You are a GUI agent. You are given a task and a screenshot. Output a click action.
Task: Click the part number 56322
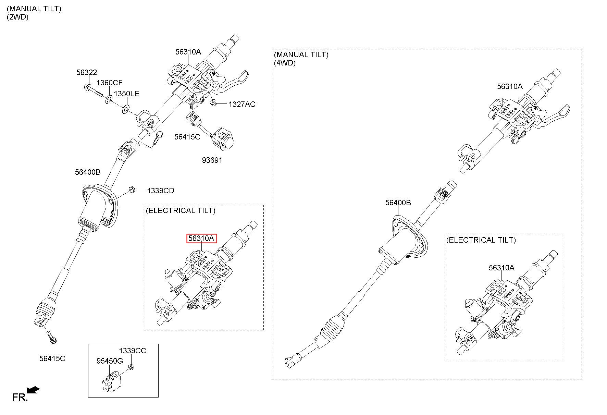[x=87, y=72]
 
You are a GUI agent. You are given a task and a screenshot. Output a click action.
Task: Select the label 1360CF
[x=109, y=83]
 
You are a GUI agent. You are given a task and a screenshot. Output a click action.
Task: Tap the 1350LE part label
[x=126, y=94]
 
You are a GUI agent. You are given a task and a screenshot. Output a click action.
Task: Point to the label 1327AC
[x=242, y=104]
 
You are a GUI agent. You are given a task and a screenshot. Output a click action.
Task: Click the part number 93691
[x=212, y=160]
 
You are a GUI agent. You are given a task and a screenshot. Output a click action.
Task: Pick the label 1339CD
[x=161, y=191]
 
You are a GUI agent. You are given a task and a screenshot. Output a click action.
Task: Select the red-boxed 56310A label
[x=202, y=238]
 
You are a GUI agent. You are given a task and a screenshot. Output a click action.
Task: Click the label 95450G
[x=109, y=361]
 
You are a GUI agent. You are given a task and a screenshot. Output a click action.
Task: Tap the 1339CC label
[x=133, y=351]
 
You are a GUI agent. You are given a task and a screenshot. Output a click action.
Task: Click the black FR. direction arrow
[x=33, y=390]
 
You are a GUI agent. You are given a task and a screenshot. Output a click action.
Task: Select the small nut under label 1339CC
[x=131, y=368]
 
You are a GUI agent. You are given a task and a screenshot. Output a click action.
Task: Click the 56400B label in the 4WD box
[x=398, y=203]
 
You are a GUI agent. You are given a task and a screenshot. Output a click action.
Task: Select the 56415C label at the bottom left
[x=52, y=358]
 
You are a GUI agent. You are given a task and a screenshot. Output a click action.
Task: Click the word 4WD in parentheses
[x=285, y=63]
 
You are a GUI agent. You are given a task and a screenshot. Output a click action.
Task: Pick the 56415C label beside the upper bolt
[x=187, y=137]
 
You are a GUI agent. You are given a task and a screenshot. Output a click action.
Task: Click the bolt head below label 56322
[x=87, y=87]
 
